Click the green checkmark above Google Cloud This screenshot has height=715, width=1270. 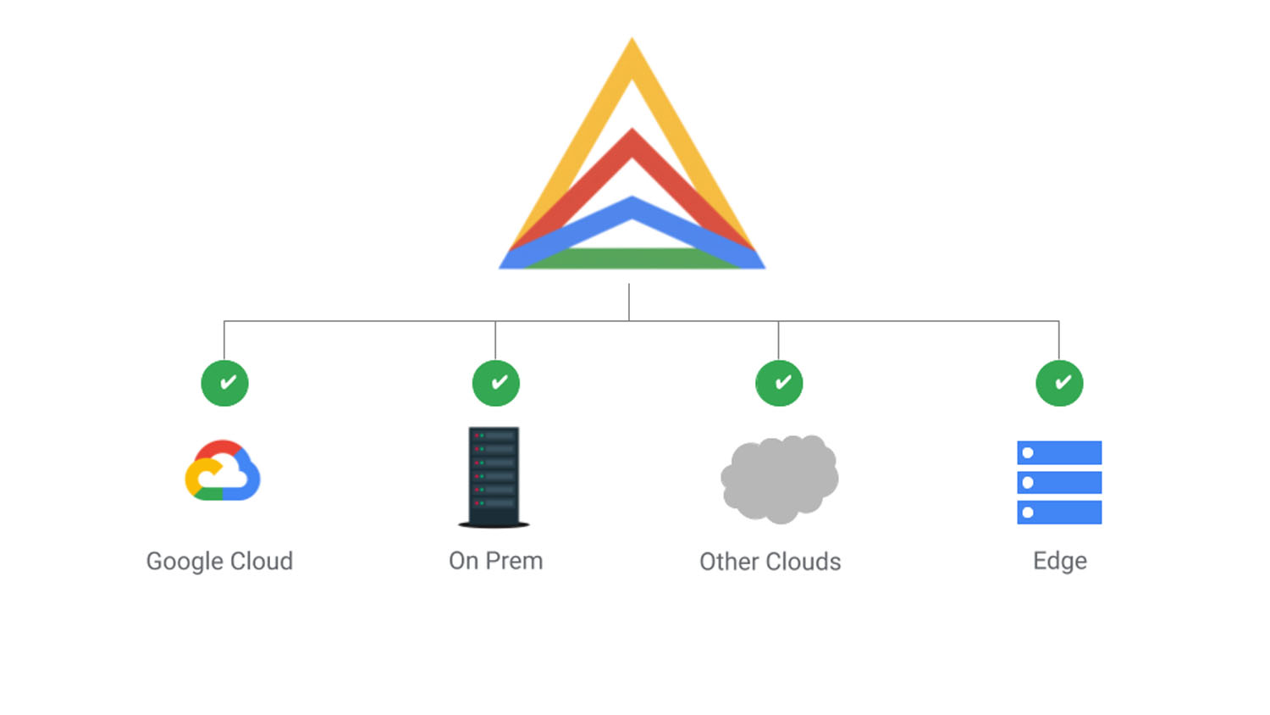tap(224, 383)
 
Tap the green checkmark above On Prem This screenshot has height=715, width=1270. tap(496, 383)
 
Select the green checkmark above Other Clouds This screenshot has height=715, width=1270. tap(779, 383)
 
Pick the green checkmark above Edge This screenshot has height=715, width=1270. tap(1059, 383)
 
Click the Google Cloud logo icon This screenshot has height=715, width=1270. tap(223, 471)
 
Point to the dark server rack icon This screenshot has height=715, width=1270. tap(494, 477)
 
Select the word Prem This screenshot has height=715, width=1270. tap(514, 561)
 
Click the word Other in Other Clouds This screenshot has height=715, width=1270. tap(728, 562)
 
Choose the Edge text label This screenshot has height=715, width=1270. tap(1059, 561)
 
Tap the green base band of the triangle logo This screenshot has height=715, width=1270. tap(632, 258)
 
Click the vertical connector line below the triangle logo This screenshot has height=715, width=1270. tap(629, 302)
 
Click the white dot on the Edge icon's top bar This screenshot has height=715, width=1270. tap(1028, 452)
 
